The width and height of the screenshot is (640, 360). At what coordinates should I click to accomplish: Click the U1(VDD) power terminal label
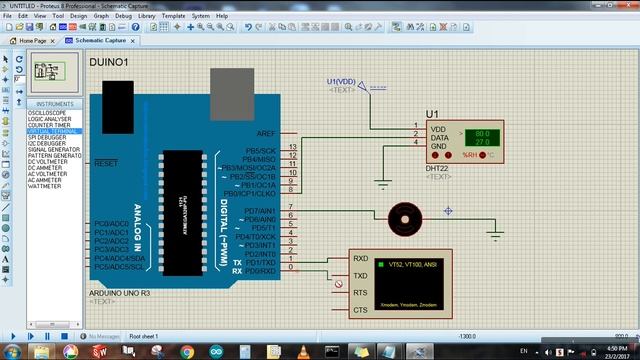[x=341, y=80]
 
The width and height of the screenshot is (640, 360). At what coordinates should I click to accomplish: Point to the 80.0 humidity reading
[x=481, y=133]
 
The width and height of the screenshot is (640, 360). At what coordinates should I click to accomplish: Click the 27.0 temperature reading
[x=481, y=143]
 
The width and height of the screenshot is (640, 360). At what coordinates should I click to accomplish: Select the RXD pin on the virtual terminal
[x=361, y=258]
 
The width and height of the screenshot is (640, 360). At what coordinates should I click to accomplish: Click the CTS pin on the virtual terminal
[x=361, y=310]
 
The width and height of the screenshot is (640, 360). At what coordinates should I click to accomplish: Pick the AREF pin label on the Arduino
[x=265, y=133]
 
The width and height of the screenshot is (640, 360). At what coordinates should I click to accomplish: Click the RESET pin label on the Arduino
[x=106, y=162]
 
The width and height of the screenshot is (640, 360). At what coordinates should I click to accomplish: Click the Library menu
[x=147, y=16]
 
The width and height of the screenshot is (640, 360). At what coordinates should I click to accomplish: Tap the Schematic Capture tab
[x=100, y=40]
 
